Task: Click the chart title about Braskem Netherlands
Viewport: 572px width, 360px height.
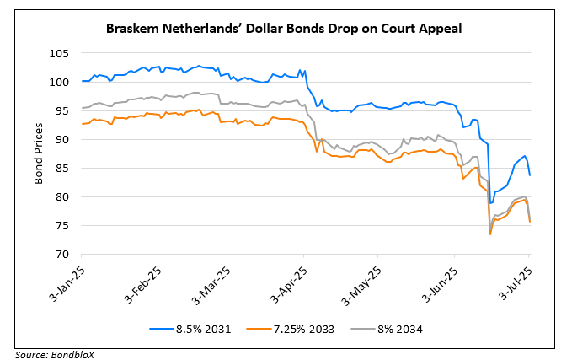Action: coord(285,28)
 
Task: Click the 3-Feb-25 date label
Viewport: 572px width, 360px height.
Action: coord(140,279)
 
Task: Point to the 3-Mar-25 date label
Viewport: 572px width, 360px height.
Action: coord(207,279)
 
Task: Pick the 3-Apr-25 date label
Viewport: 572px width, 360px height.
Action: coord(282,279)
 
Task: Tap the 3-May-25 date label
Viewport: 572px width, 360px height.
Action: coord(355,279)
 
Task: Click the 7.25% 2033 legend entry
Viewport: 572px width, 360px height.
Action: coord(293,329)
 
